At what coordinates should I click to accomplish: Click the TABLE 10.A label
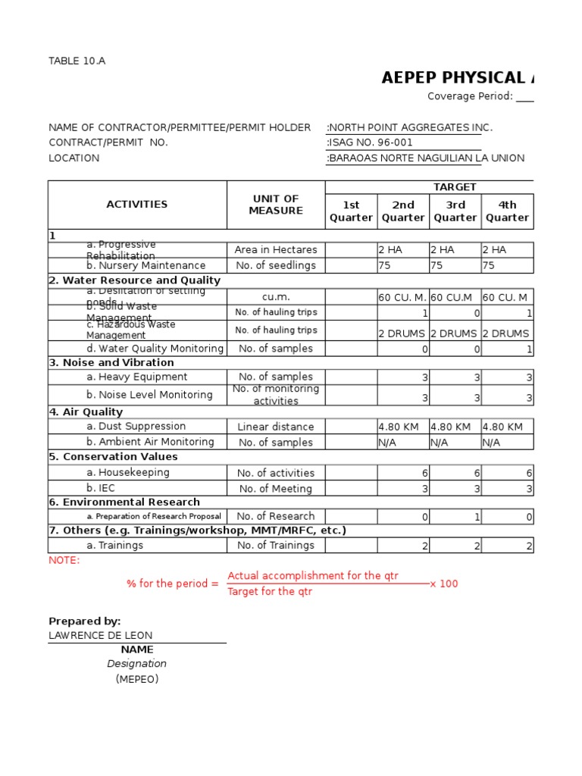(77, 61)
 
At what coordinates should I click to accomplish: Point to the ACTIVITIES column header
(137, 205)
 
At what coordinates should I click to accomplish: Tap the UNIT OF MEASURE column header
(276, 205)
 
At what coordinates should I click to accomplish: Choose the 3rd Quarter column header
(455, 211)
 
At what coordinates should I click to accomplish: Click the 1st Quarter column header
(351, 211)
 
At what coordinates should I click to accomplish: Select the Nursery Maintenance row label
(145, 266)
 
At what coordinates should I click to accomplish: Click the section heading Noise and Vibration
(111, 363)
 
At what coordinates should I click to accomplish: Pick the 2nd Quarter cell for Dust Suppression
(402, 427)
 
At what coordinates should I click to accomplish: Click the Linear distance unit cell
(275, 427)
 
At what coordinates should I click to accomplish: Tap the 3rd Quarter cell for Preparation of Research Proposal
(455, 517)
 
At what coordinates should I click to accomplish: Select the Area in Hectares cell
(275, 250)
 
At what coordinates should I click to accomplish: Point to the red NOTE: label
(64, 560)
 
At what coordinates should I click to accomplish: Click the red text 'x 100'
(444, 584)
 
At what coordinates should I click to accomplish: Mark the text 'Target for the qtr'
(270, 592)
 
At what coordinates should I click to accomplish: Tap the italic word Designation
(137, 664)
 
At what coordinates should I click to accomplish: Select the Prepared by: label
(84, 621)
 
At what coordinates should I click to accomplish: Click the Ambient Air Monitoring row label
(150, 442)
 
